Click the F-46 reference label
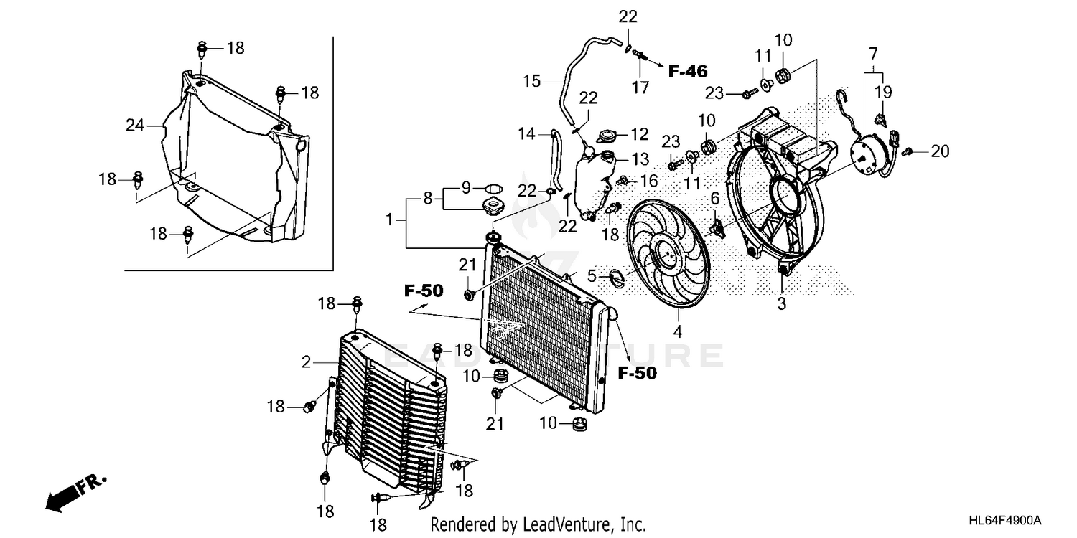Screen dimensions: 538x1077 click(688, 71)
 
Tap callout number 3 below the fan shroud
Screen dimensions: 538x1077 click(781, 303)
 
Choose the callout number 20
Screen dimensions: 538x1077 click(940, 151)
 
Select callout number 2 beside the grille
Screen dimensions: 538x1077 click(306, 363)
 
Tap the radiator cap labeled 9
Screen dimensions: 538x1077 click(492, 189)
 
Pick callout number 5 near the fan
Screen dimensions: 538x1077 click(592, 275)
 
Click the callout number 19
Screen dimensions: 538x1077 click(882, 91)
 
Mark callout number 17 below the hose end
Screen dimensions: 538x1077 click(640, 88)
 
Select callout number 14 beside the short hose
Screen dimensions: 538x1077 click(527, 133)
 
